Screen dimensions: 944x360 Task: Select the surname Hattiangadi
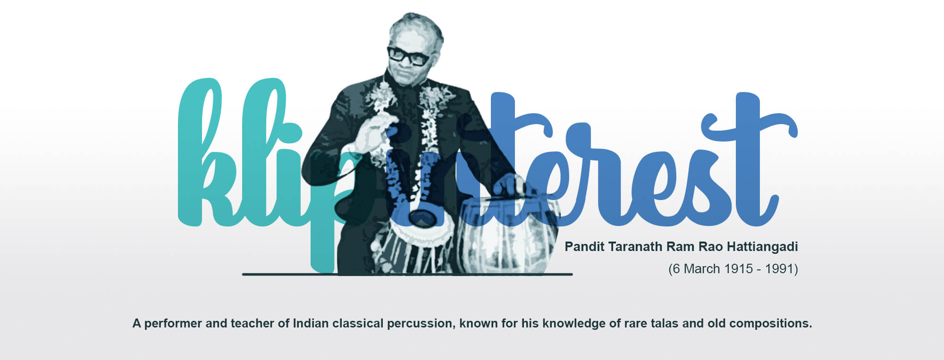pos(762,247)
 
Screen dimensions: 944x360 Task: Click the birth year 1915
pos(739,269)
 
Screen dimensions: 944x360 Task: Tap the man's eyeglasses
pos(409,56)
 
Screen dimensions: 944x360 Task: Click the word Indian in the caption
pos(311,324)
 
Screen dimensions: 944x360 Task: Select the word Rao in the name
pos(711,247)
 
